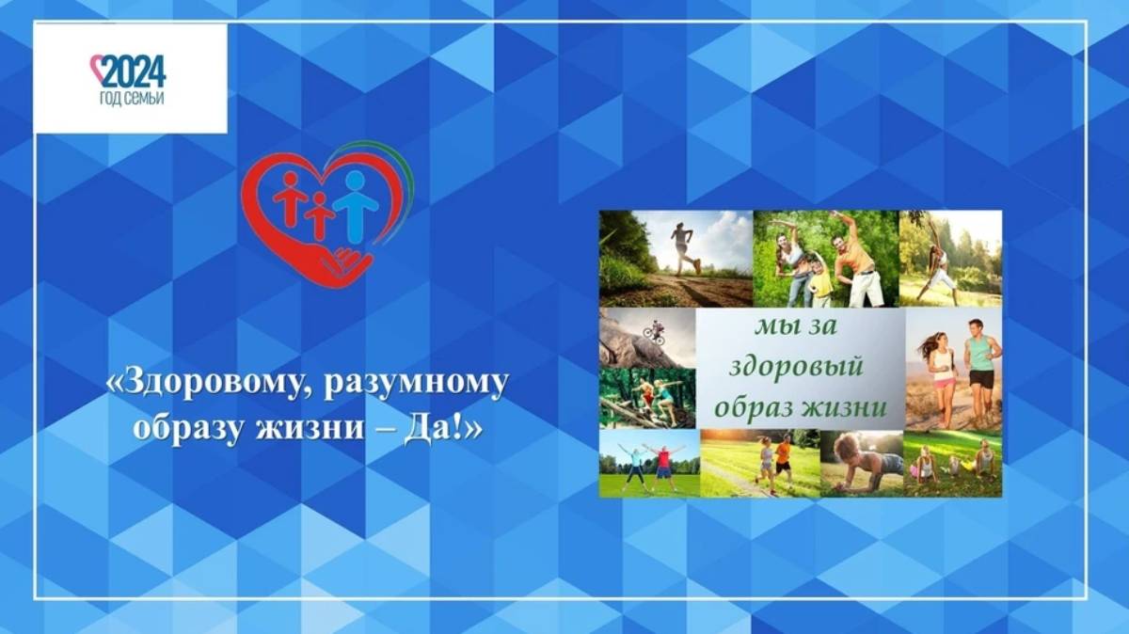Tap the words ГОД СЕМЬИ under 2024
click(132, 99)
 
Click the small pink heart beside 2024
click(97, 66)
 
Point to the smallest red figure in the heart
click(319, 215)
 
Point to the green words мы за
click(795, 326)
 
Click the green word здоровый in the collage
click(796, 368)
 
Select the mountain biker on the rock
click(654, 333)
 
